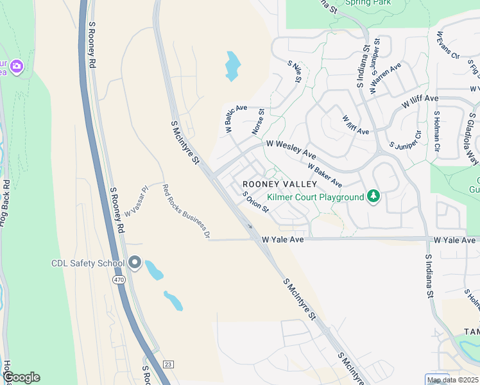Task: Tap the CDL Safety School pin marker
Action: (134, 262)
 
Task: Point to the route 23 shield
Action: (167, 364)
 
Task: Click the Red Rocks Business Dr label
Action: (185, 211)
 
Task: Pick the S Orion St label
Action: (255, 204)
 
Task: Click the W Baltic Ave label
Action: (237, 119)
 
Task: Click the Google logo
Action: (21, 377)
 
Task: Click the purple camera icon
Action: (17, 65)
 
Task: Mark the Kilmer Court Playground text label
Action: (314, 196)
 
